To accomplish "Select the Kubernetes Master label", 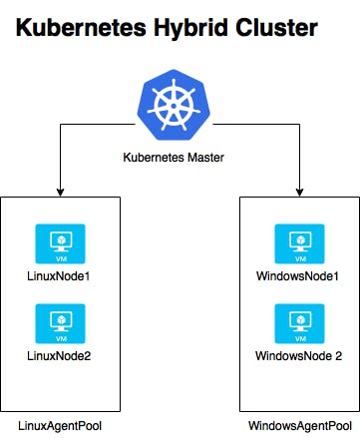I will click(180, 157).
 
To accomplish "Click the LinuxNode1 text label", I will click(60, 274).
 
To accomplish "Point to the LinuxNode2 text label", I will click(60, 355).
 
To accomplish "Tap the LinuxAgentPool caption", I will click(60, 426).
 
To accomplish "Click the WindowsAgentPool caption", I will click(300, 426).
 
